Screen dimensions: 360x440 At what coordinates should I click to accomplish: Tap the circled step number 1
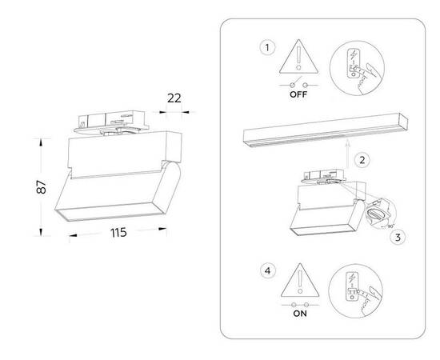coord(266,47)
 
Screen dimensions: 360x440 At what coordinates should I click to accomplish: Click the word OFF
coord(298,94)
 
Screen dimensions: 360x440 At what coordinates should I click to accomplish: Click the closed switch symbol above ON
coord(299,306)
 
